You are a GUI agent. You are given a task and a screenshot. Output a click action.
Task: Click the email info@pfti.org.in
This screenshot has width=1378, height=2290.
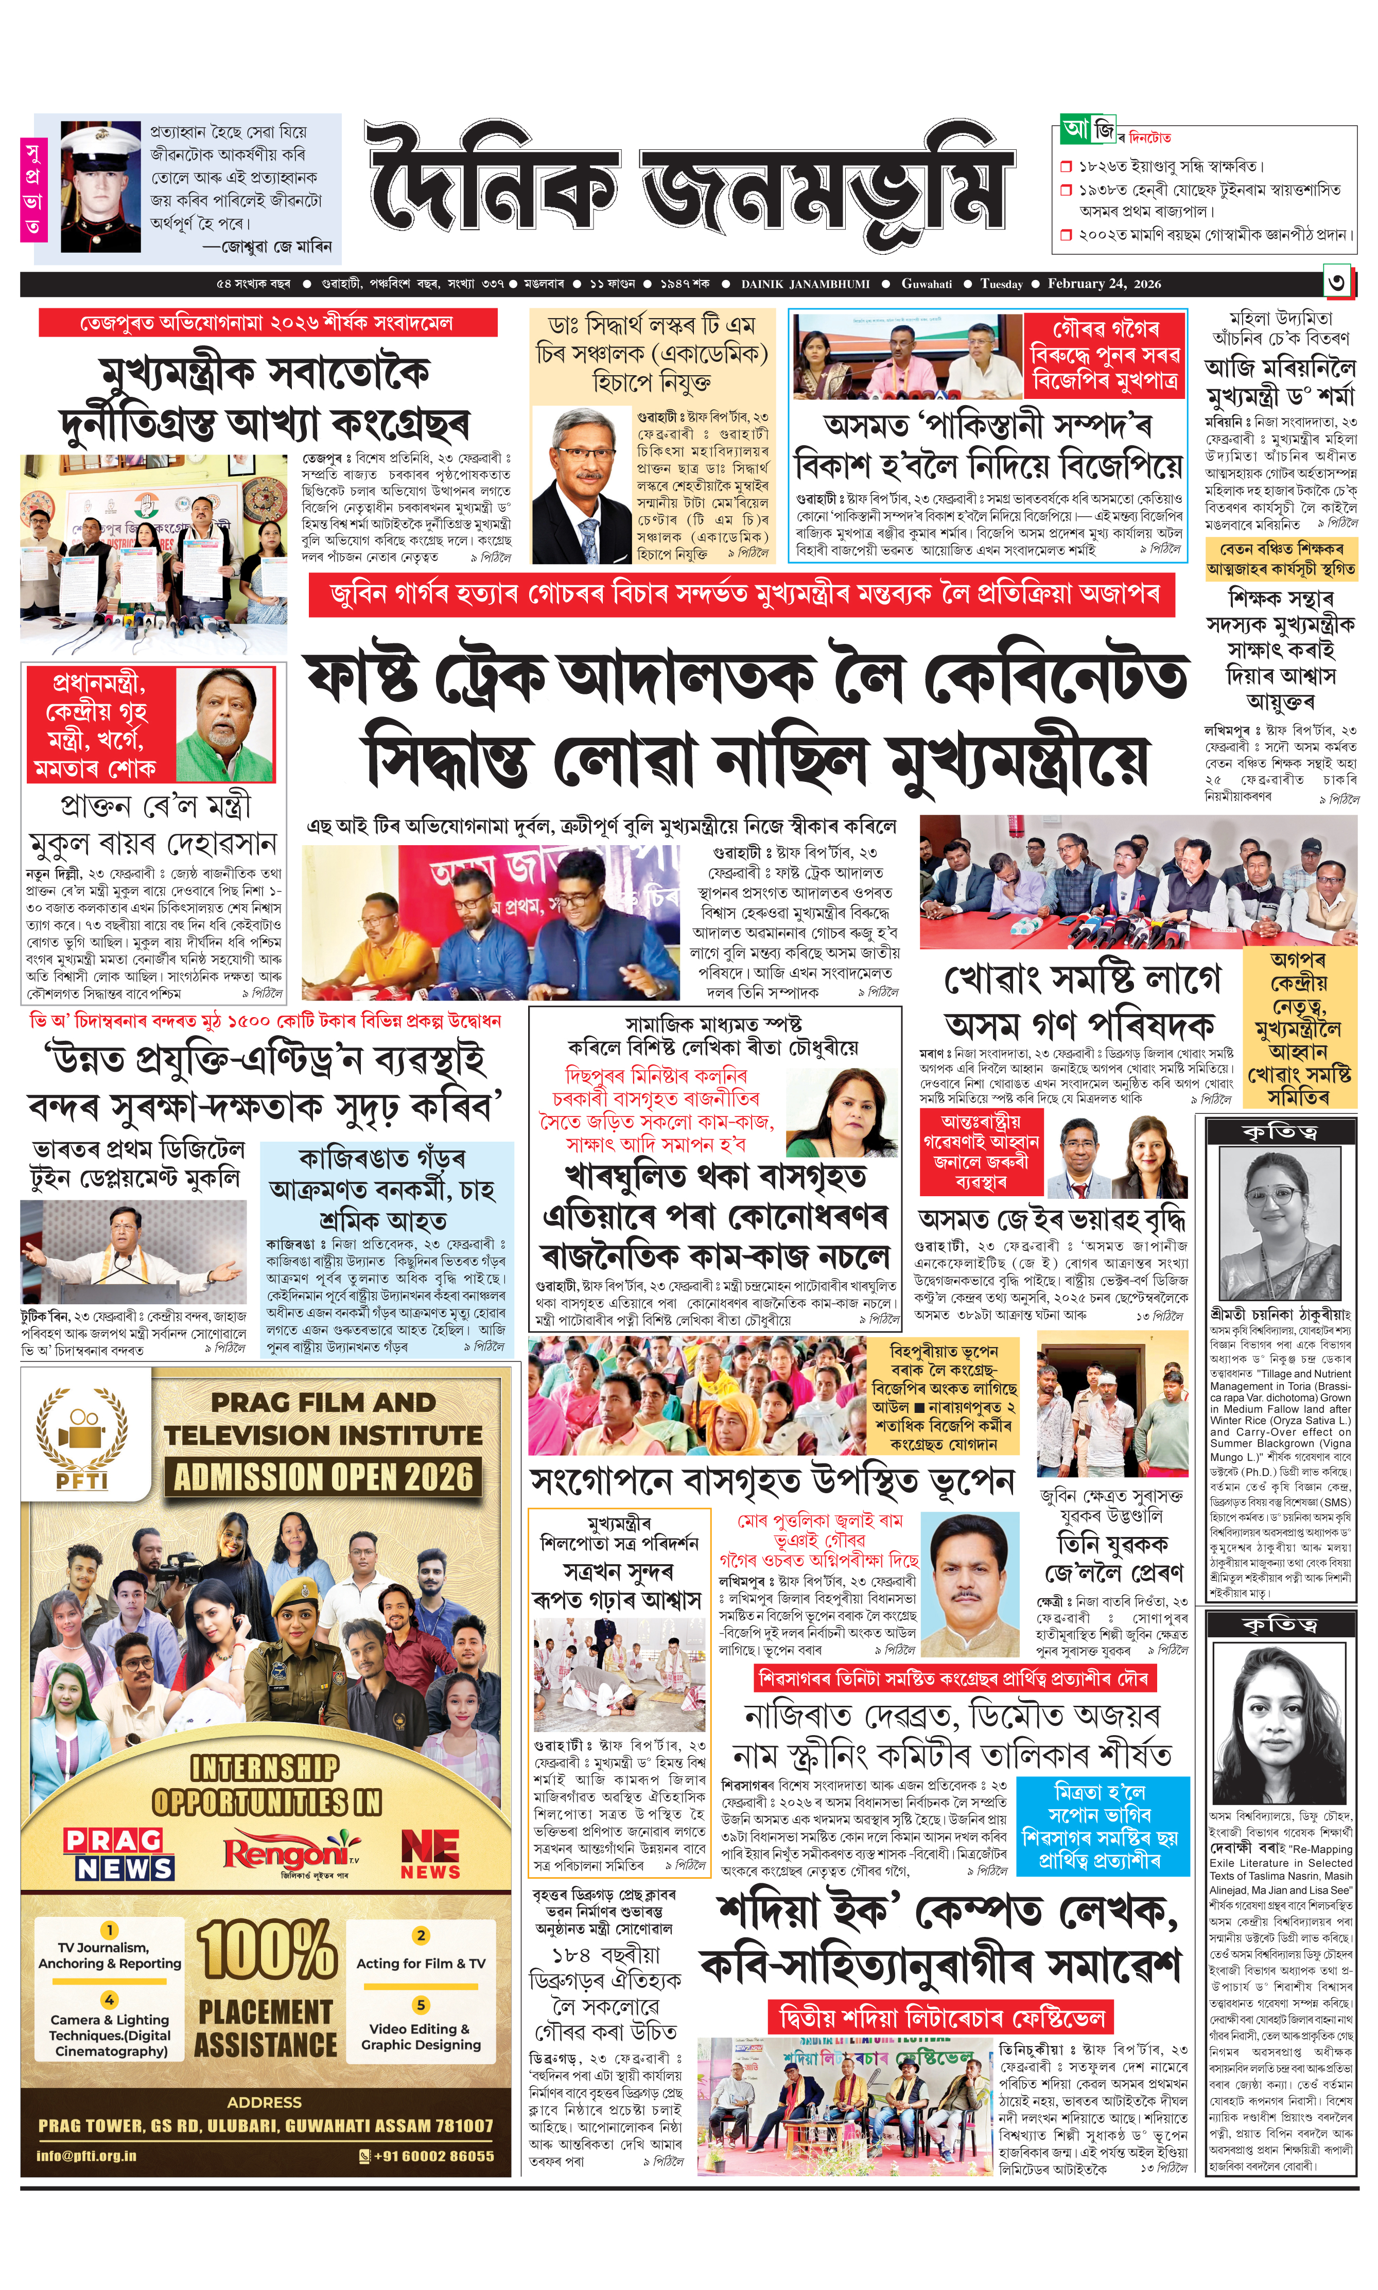86,2156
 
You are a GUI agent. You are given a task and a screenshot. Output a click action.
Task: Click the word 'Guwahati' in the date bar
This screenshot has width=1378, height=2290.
926,284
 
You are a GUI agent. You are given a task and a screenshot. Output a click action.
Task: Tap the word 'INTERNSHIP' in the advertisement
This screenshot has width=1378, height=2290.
265,1768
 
